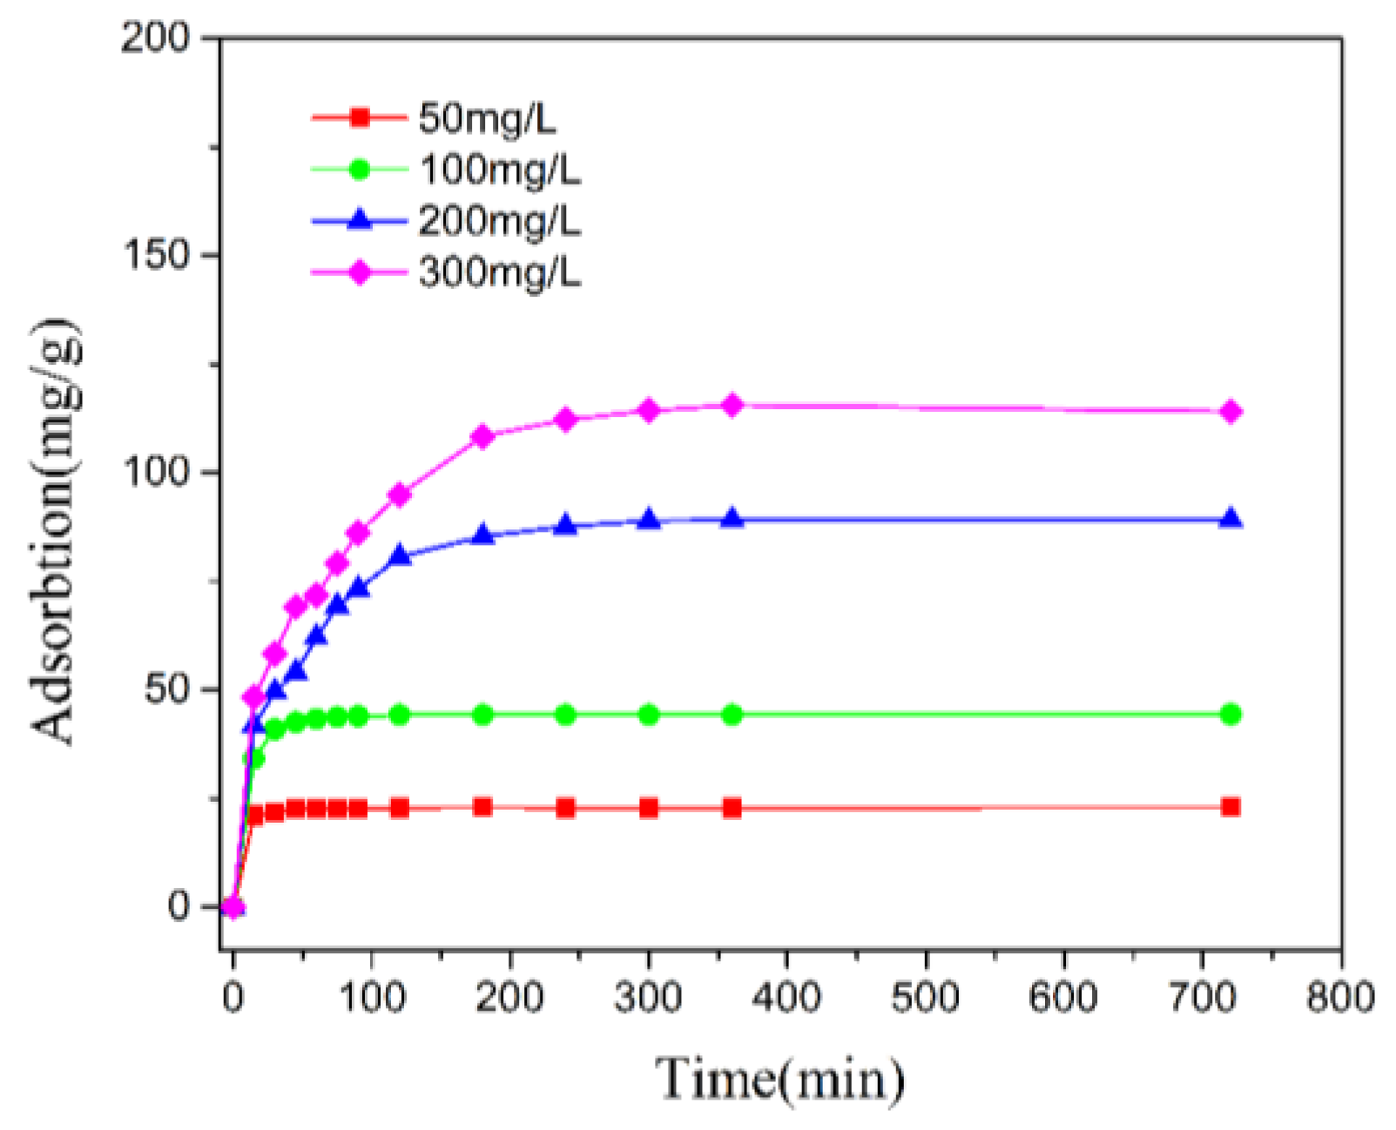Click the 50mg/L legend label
(486, 118)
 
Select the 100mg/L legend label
(499, 170)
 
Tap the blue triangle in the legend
(360, 220)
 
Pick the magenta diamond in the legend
(360, 272)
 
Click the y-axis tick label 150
(156, 255)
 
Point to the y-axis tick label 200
(156, 38)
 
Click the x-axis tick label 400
(786, 997)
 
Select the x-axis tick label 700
(1203, 997)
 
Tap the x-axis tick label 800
(1340, 997)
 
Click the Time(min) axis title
(779, 1079)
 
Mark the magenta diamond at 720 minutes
(1231, 412)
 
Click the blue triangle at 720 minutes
(1231, 519)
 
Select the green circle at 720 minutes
(1231, 714)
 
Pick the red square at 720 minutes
(1231, 807)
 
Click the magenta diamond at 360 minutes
(732, 405)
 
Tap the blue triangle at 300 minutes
(649, 520)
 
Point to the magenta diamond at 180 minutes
(482, 436)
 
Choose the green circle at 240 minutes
(565, 715)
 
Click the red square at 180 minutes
(482, 807)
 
